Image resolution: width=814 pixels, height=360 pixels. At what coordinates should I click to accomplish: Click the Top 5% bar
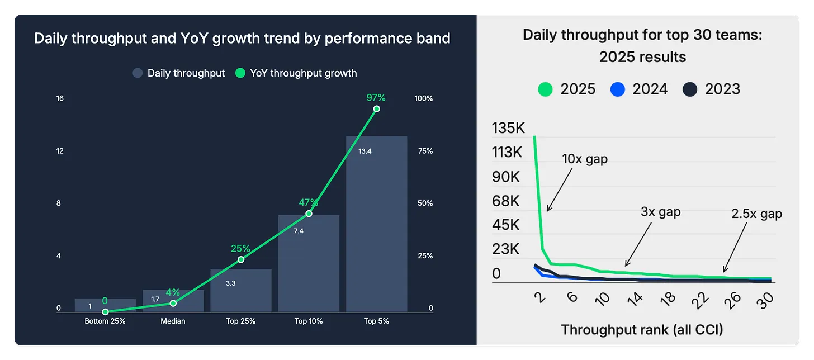376,224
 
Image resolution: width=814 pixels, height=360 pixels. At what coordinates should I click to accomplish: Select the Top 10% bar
309,263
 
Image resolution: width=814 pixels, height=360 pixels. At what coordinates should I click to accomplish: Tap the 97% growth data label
376,98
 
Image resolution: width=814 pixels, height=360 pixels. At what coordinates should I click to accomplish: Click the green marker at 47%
309,214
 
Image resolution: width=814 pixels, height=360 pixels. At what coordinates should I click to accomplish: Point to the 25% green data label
240,249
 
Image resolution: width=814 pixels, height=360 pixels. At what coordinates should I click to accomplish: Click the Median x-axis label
173,321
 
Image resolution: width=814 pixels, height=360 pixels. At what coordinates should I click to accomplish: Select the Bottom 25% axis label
105,321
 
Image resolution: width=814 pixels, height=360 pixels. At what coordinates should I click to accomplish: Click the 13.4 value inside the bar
365,151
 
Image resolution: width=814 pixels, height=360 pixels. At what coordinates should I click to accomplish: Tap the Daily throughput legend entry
179,73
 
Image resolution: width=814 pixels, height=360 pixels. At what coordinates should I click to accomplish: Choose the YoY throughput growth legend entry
296,73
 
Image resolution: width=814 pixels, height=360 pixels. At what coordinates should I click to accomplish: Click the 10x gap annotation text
584,159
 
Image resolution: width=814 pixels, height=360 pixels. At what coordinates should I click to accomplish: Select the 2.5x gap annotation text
756,214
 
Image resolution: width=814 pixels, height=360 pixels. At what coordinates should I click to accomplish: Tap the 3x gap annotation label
661,212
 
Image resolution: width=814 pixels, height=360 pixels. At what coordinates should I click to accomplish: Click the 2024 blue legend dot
617,89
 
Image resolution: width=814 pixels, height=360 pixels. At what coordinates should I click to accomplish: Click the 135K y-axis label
508,129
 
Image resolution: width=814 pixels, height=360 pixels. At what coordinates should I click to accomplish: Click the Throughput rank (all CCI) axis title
642,329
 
